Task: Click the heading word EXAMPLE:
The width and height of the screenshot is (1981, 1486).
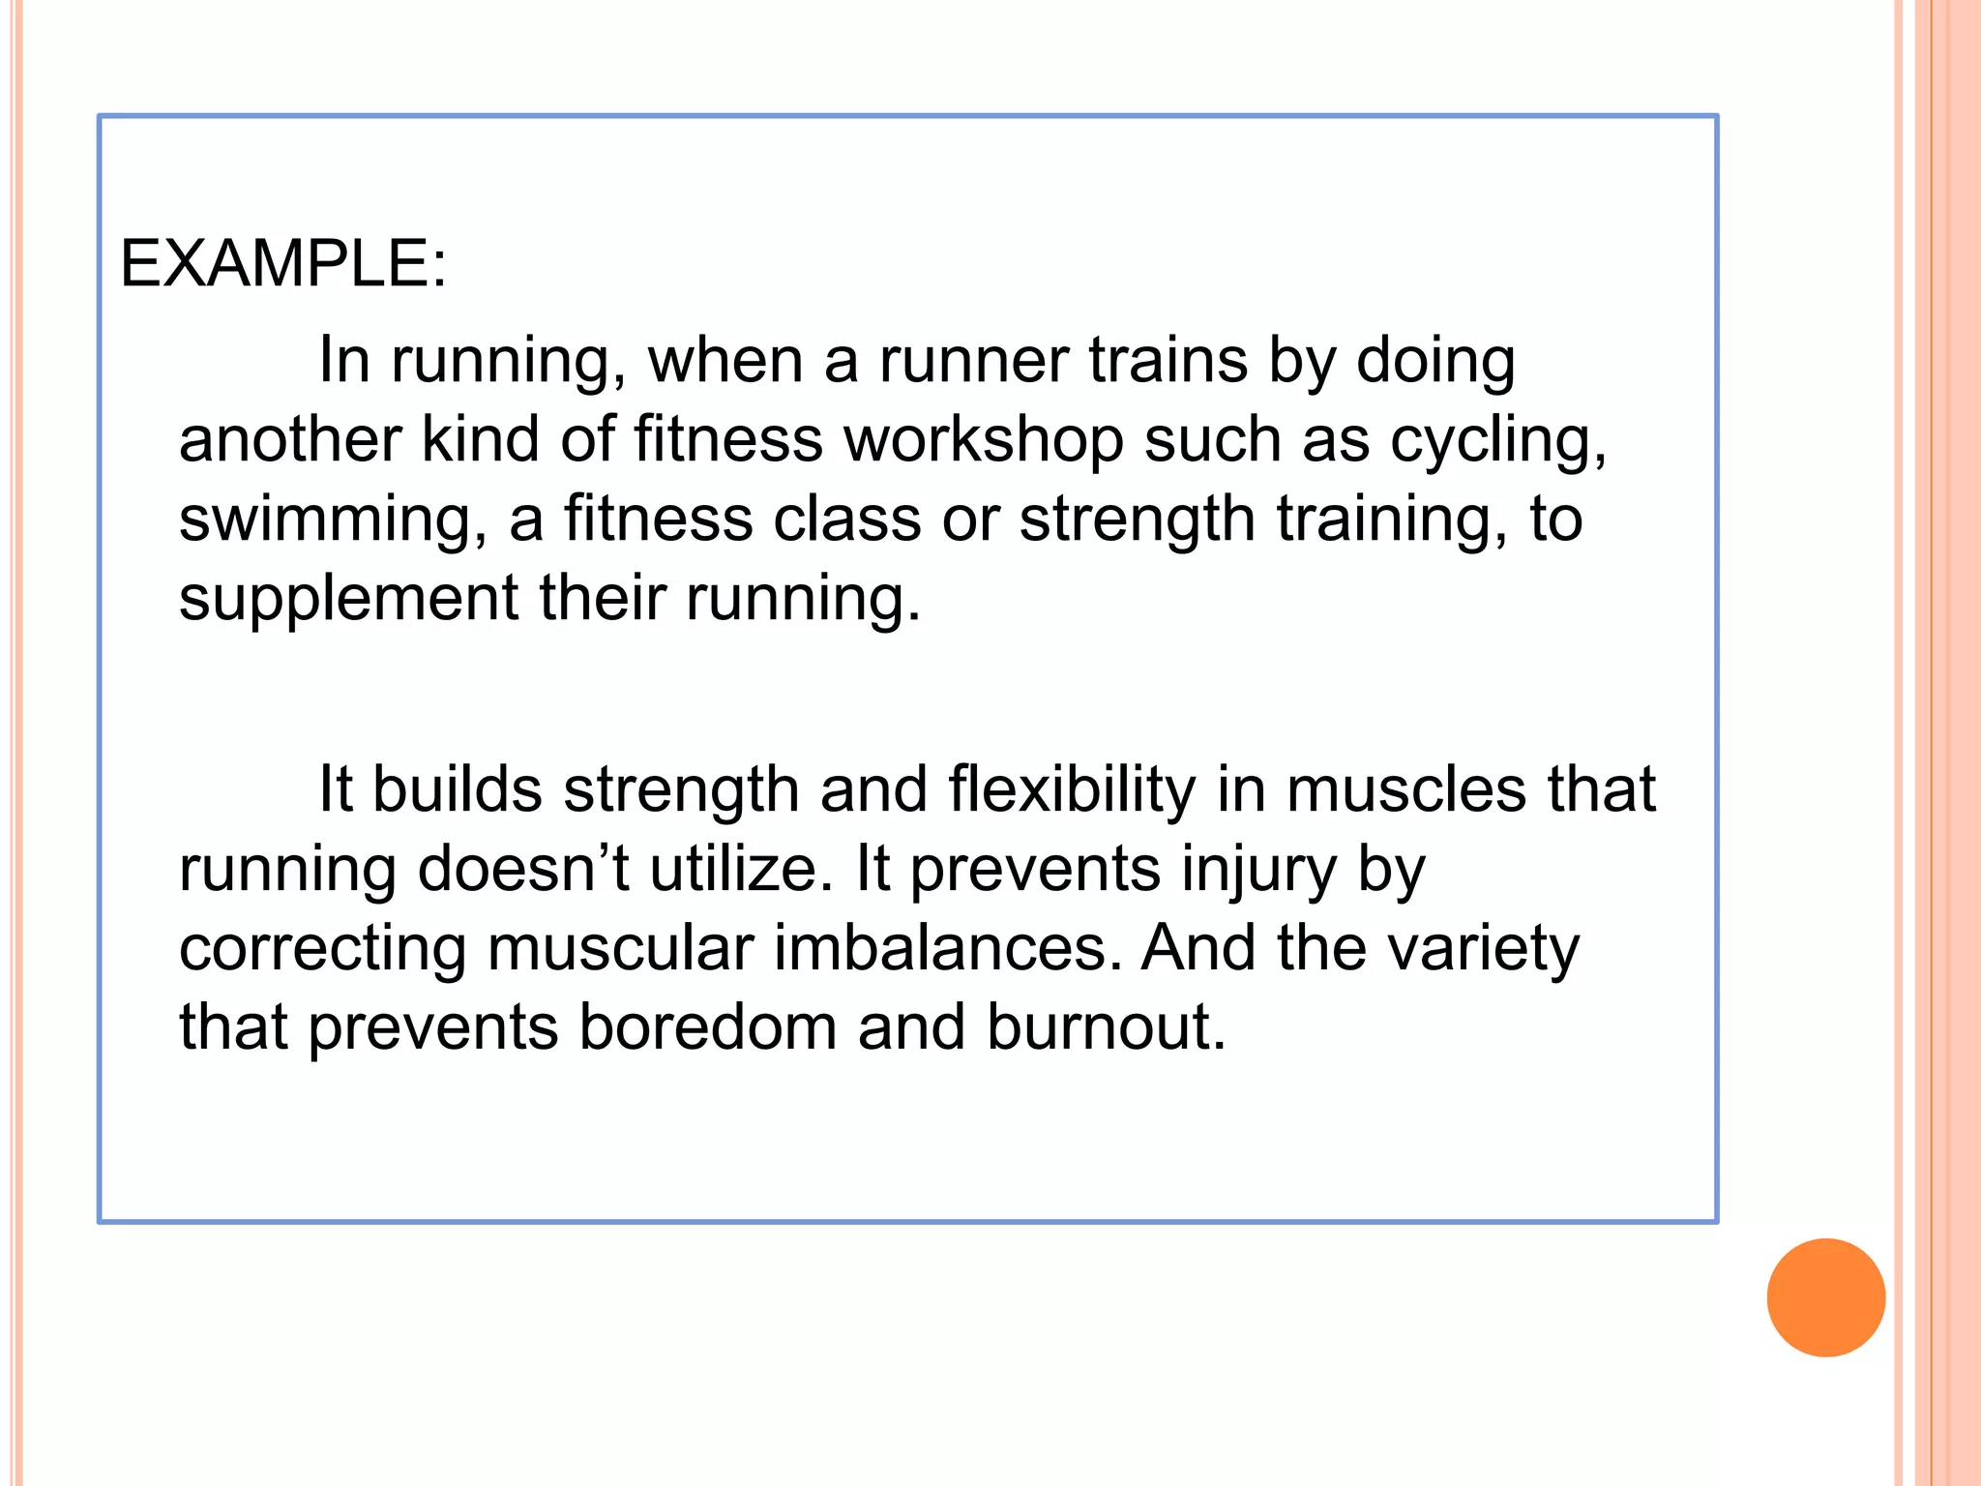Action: [282, 263]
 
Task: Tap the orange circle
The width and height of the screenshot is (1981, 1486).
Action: [1825, 1297]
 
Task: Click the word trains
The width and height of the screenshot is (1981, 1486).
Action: [1168, 361]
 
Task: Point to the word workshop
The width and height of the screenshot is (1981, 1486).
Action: [983, 440]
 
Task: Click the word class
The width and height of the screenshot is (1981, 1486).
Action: [846, 520]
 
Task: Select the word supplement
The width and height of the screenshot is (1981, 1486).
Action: [348, 600]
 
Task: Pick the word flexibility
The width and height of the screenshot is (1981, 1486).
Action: [1071, 790]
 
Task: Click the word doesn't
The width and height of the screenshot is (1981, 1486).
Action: [523, 869]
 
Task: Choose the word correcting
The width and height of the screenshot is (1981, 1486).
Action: [323, 949]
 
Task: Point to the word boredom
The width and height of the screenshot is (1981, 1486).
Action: [708, 1027]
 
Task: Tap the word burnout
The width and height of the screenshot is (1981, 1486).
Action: [1106, 1027]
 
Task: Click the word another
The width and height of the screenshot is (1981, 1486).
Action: [289, 440]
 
